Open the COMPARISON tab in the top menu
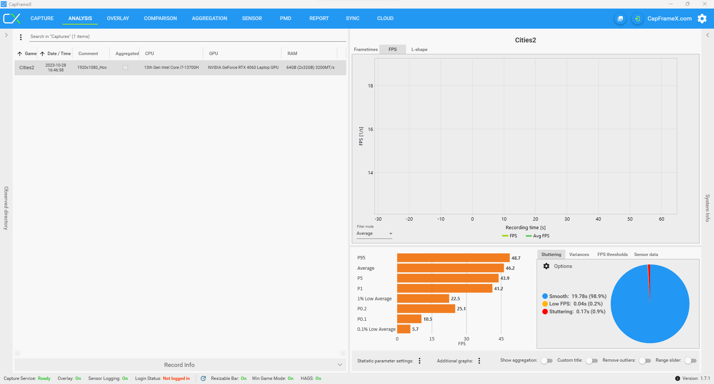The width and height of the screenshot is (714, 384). pos(160,18)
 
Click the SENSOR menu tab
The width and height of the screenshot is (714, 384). pos(252,18)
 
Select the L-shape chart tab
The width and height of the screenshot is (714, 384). pos(419,49)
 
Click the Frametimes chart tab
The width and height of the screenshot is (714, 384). pos(366,49)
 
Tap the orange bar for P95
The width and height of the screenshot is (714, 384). pos(453,258)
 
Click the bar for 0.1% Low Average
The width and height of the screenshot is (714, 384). pos(403,329)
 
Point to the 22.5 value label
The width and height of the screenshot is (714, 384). pos(455,299)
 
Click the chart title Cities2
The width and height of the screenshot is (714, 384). pos(525,40)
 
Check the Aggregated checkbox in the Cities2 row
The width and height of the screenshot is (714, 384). pos(125,68)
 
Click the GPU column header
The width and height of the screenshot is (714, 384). pos(213,54)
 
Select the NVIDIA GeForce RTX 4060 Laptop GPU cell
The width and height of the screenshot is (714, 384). pos(243,68)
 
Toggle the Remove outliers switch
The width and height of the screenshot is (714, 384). pos(645,361)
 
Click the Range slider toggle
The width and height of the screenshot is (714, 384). pos(691,361)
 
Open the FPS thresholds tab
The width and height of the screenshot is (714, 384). pos(612,255)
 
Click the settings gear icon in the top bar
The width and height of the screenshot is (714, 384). pos(702,19)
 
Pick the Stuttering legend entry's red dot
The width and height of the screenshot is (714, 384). pos(545,312)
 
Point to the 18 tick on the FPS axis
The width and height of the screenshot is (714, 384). pos(370,86)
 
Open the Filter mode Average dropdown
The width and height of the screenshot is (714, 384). pos(374,234)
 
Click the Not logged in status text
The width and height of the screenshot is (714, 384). pos(176,378)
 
